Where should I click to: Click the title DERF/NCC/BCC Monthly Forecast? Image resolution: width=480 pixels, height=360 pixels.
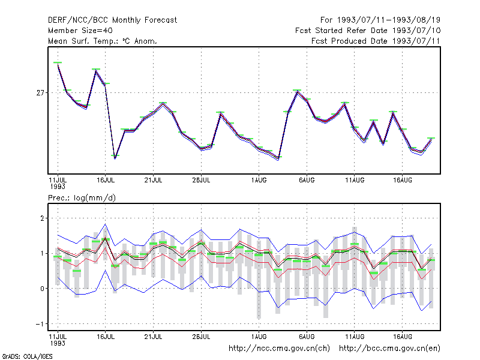click(112, 20)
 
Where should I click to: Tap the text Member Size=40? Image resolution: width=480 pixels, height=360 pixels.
click(80, 31)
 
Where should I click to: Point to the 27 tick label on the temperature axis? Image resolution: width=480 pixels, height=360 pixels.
click(40, 93)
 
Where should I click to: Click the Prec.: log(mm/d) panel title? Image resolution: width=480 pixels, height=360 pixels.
click(82, 198)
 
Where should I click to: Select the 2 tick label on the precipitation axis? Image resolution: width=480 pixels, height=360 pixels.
click(42, 218)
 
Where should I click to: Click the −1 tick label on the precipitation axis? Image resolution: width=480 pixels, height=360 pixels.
click(40, 324)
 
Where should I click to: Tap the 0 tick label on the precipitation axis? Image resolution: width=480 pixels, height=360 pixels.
click(42, 289)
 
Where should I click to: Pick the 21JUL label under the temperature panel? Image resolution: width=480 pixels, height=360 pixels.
click(153, 181)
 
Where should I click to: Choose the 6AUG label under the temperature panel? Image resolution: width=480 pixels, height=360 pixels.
click(307, 181)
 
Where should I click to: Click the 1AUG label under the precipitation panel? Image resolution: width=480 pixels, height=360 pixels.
click(259, 337)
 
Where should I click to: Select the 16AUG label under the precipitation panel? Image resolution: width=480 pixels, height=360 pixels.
click(403, 337)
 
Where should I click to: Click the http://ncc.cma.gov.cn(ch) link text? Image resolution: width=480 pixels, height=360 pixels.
click(279, 349)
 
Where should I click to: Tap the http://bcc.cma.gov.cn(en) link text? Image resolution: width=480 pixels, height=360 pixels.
click(389, 349)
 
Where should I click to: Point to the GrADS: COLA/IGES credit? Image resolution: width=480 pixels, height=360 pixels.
click(27, 356)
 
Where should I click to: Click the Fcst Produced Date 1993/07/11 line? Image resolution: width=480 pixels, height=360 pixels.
click(376, 41)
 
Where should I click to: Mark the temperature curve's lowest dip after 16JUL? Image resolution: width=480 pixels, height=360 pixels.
click(115, 158)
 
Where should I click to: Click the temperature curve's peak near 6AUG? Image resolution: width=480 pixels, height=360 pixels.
click(297, 92)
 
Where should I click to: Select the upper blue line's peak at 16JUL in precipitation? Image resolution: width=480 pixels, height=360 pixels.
click(106, 224)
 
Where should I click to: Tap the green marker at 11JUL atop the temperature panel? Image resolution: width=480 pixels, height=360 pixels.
click(58, 62)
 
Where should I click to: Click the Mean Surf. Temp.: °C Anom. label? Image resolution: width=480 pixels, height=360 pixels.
click(103, 41)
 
